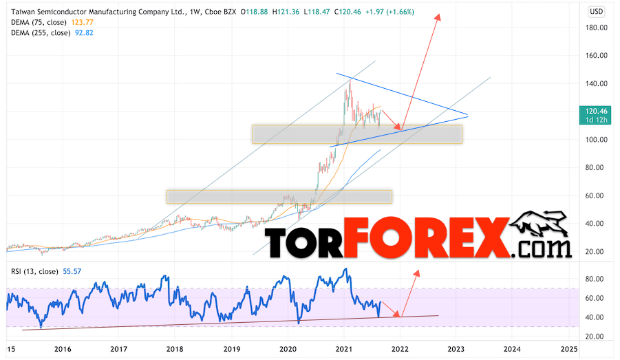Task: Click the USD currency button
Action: pyautogui.click(x=597, y=11)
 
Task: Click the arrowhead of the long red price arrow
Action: pyautogui.click(x=438, y=16)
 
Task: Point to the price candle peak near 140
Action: pyautogui.click(x=350, y=82)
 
